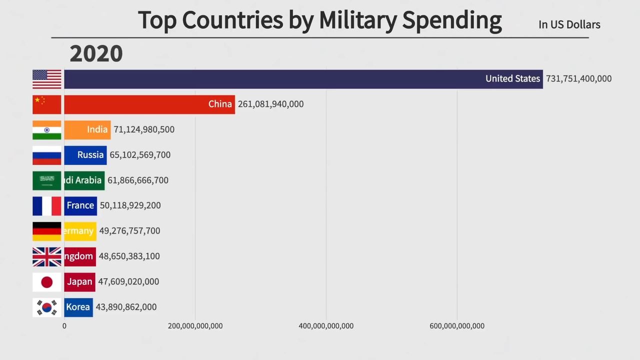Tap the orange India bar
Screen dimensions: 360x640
87,130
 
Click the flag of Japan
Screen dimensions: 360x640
47,282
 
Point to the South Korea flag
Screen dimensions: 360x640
47,307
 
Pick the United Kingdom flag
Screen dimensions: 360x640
47,256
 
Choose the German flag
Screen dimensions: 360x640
47,231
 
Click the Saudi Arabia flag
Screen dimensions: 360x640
47,180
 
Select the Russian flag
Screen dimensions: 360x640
47,155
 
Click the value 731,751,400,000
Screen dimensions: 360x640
578,79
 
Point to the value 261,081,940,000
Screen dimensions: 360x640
270,104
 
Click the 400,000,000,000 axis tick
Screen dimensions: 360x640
326,326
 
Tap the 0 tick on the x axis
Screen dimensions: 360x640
64,326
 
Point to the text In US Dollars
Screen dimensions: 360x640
569,24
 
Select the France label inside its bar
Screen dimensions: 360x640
80,205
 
